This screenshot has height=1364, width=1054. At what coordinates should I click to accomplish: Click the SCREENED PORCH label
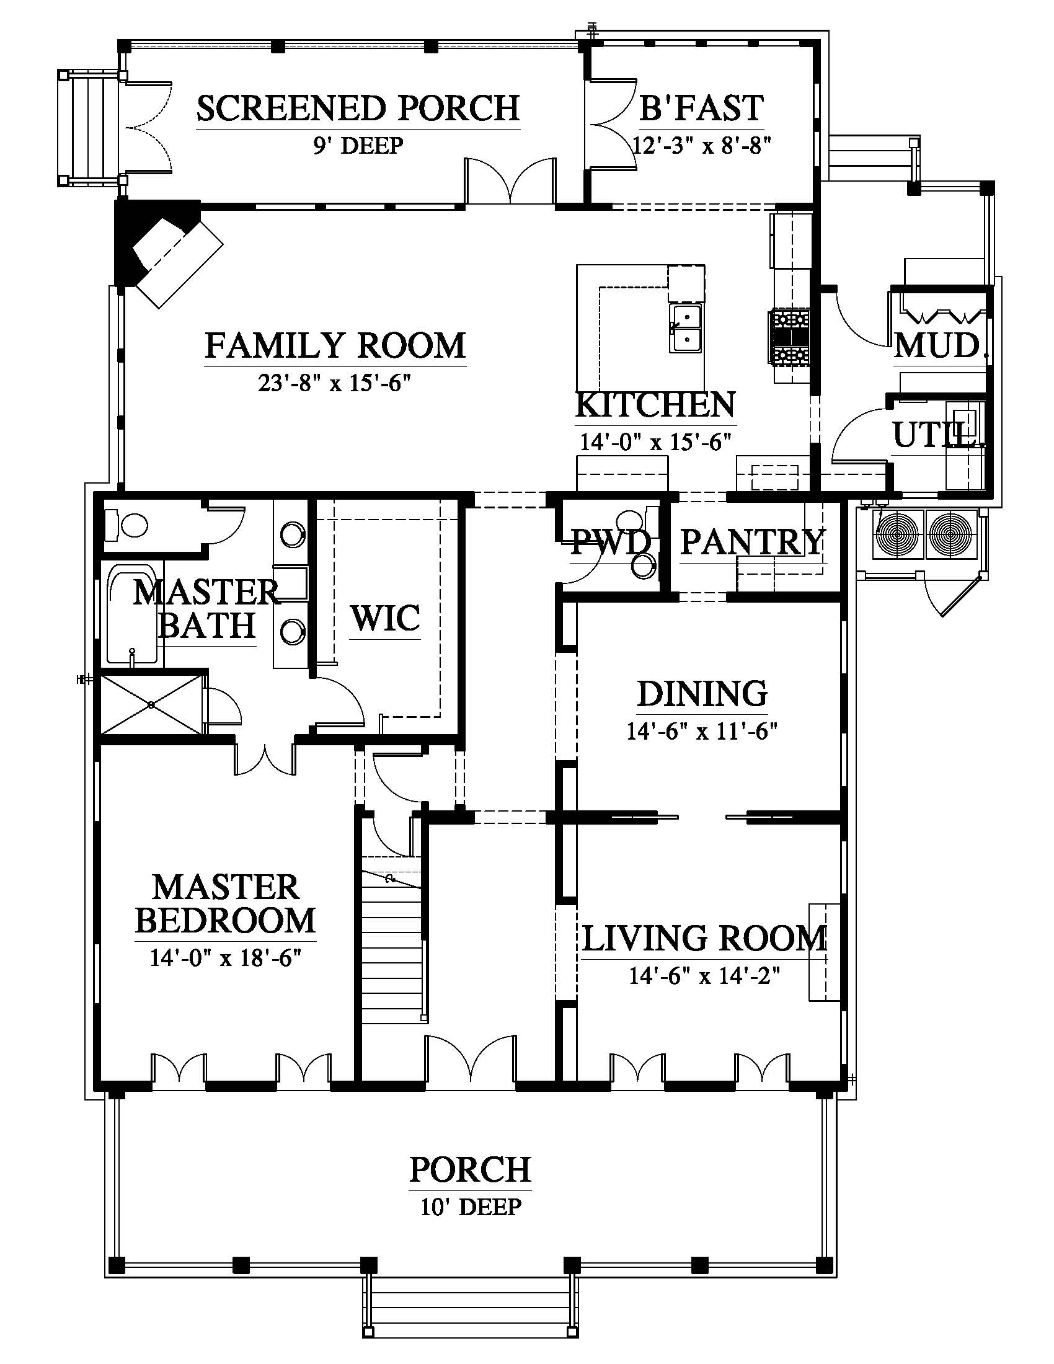(358, 108)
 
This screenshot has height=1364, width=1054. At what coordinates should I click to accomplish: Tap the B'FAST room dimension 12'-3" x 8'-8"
(702, 146)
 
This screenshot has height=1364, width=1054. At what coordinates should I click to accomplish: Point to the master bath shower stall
(152, 704)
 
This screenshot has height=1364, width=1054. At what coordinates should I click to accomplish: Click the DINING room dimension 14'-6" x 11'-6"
(702, 731)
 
